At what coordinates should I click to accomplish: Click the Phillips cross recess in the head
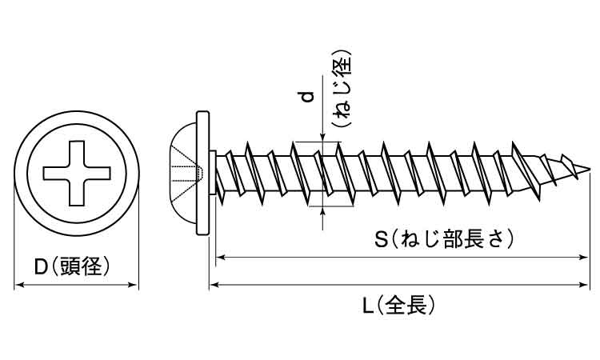[x=76, y=171]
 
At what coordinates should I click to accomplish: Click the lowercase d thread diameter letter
[x=305, y=98]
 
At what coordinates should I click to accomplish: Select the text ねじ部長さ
[x=451, y=239]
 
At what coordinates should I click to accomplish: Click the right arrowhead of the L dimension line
[x=586, y=283]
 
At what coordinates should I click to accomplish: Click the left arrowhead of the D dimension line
[x=19, y=283]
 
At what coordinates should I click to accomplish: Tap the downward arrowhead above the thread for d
[x=322, y=138]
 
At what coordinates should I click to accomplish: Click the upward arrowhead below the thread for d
[x=322, y=210]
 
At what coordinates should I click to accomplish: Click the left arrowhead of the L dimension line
[x=214, y=283]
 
